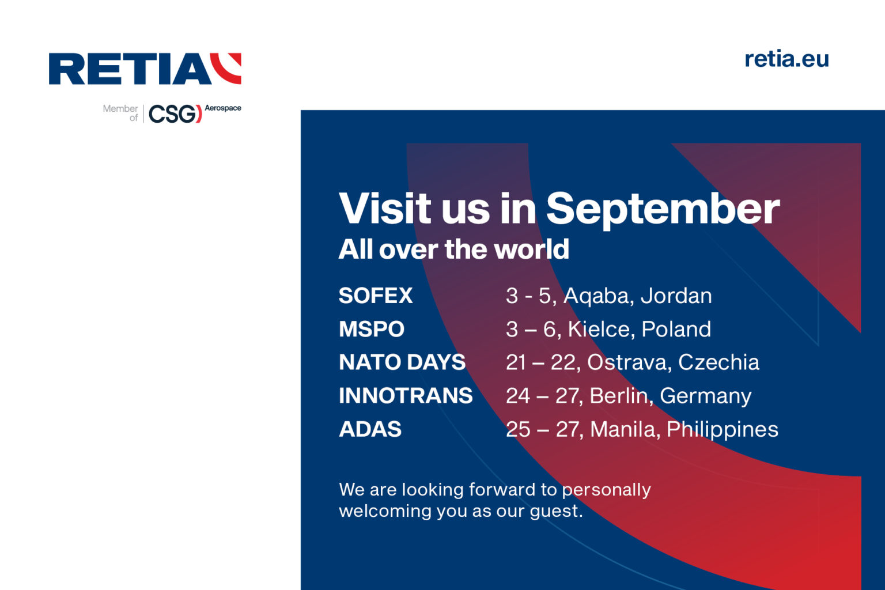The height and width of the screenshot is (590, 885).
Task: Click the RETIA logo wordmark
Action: click(x=130, y=69)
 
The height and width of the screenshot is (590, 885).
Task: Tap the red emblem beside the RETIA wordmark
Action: click(x=226, y=68)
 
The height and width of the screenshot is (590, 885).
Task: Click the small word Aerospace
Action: click(x=223, y=108)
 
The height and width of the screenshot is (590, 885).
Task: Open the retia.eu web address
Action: click(x=786, y=59)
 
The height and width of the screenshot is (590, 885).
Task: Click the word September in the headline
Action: click(x=663, y=209)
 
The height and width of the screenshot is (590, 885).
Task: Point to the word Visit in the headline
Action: click(x=385, y=209)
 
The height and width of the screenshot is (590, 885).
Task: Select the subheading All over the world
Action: click(x=453, y=249)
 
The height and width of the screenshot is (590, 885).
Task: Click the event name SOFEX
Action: click(x=376, y=296)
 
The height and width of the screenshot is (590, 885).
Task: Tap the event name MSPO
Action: click(x=372, y=329)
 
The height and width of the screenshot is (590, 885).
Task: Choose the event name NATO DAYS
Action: click(x=402, y=362)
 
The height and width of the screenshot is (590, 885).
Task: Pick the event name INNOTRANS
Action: click(x=406, y=396)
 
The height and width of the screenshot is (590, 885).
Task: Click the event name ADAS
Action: click(x=370, y=429)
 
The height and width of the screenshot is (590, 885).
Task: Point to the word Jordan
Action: click(x=676, y=296)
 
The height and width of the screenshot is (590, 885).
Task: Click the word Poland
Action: click(x=676, y=329)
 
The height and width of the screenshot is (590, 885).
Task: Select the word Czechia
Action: click(x=718, y=362)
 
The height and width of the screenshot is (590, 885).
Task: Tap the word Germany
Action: click(x=705, y=396)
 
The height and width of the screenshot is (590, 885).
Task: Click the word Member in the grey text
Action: click(x=120, y=108)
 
